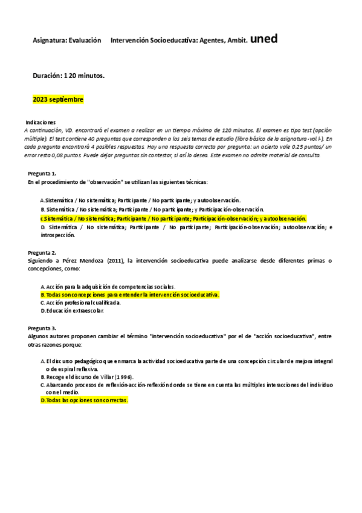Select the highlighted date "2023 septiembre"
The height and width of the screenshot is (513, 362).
click(x=58, y=99)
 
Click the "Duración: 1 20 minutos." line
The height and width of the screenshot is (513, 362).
click(x=69, y=76)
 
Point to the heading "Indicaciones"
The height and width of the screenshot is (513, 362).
click(x=40, y=122)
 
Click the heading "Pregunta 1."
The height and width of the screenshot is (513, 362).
click(x=42, y=174)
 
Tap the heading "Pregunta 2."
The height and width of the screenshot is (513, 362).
click(x=42, y=252)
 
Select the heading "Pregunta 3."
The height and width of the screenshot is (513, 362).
click(x=42, y=328)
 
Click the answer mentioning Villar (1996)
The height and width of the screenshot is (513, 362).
click(x=91, y=376)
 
